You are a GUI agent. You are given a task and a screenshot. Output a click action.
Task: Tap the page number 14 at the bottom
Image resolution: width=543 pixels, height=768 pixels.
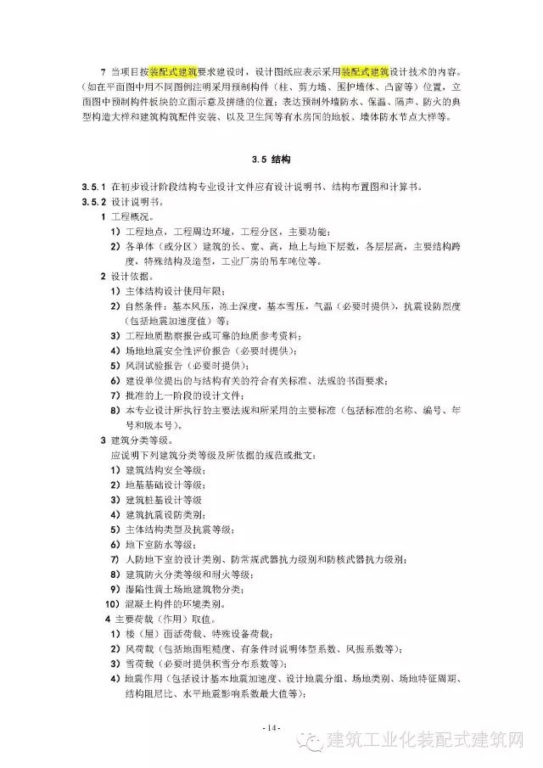[271, 728]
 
